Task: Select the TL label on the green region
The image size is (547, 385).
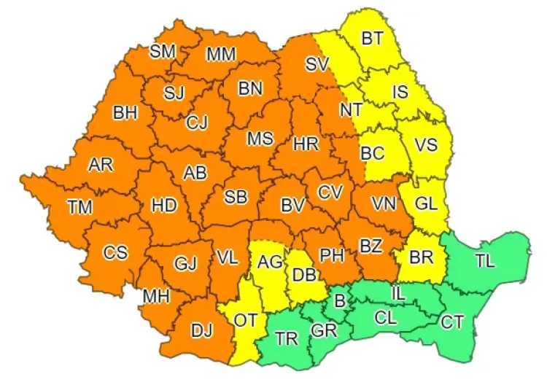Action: pos(484,260)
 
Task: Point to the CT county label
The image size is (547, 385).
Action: pos(452,321)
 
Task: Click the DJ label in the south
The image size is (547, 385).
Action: pos(201,330)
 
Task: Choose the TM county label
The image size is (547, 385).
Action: pos(80,207)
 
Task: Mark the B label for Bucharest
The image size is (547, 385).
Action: pos(339,300)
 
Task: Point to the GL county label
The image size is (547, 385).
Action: pos(427,204)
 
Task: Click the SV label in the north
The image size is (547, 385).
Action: pos(317,64)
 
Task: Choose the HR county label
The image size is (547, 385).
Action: pos(306,144)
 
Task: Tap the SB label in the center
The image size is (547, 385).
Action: pos(234,197)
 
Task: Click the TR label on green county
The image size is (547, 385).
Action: pos(286,338)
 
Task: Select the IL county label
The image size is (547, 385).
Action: pos(397,292)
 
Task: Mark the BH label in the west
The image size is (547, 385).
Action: pos(125,113)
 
